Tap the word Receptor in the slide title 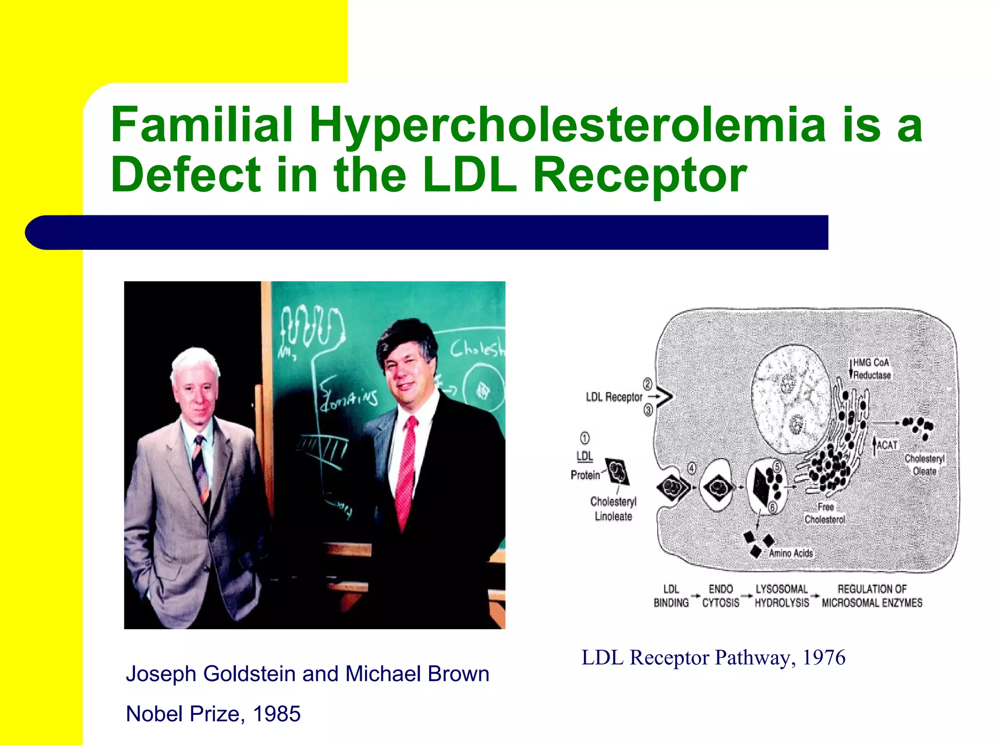click(x=640, y=175)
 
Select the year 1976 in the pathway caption click(x=824, y=658)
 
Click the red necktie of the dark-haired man click(x=405, y=470)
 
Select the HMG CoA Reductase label click(x=872, y=369)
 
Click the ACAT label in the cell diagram click(x=887, y=445)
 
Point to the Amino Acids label click(x=791, y=553)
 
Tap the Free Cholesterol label click(x=825, y=513)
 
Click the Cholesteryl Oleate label click(x=924, y=465)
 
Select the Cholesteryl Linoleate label click(x=613, y=509)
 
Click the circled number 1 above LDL click(x=585, y=438)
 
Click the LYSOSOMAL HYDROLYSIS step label click(x=781, y=596)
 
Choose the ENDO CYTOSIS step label click(x=721, y=596)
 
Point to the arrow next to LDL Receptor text click(x=655, y=397)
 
